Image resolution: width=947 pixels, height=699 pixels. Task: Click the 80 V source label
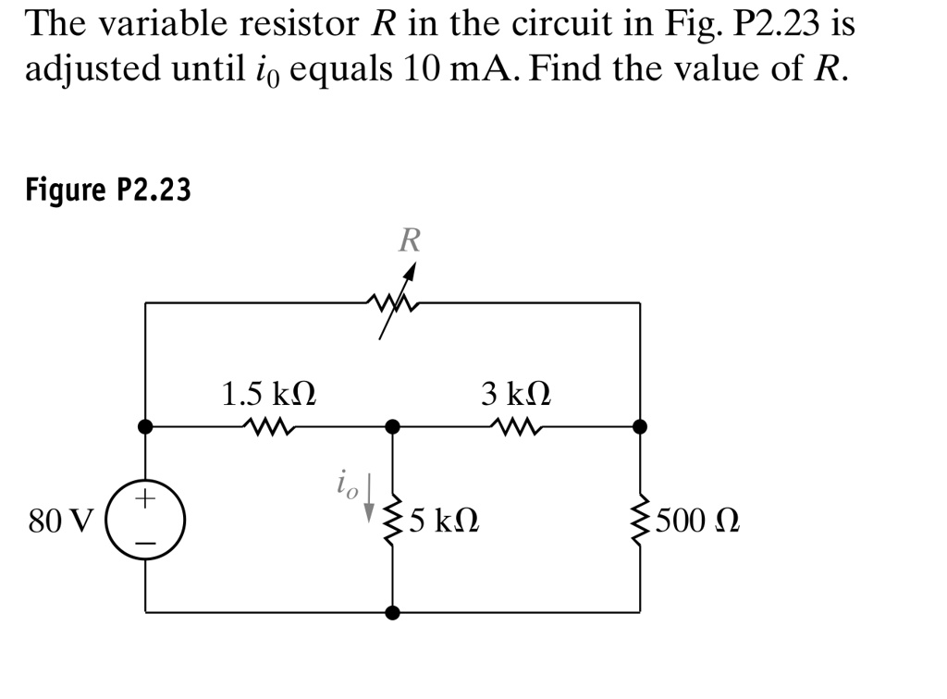click(60, 521)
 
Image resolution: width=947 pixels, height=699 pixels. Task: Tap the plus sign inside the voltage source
click(145, 500)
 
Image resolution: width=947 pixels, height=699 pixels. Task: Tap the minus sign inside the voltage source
click(145, 543)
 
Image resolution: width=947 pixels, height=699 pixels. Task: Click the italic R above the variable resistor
click(409, 241)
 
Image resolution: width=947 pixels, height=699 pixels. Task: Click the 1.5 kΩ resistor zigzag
click(269, 427)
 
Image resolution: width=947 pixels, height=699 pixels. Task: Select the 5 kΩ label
click(442, 521)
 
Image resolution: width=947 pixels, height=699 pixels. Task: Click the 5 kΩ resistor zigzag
click(393, 522)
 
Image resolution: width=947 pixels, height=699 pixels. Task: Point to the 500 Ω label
click(699, 521)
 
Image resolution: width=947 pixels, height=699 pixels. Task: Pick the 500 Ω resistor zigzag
click(640, 522)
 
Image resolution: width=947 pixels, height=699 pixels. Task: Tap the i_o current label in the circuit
click(346, 484)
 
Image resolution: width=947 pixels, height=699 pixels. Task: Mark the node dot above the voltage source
click(145, 426)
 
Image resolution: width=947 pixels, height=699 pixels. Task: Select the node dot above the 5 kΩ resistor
click(393, 426)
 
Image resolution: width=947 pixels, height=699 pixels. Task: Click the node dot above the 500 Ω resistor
click(640, 426)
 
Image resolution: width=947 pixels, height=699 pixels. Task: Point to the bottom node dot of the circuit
click(393, 612)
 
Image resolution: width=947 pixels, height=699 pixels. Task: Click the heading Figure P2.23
click(108, 190)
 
